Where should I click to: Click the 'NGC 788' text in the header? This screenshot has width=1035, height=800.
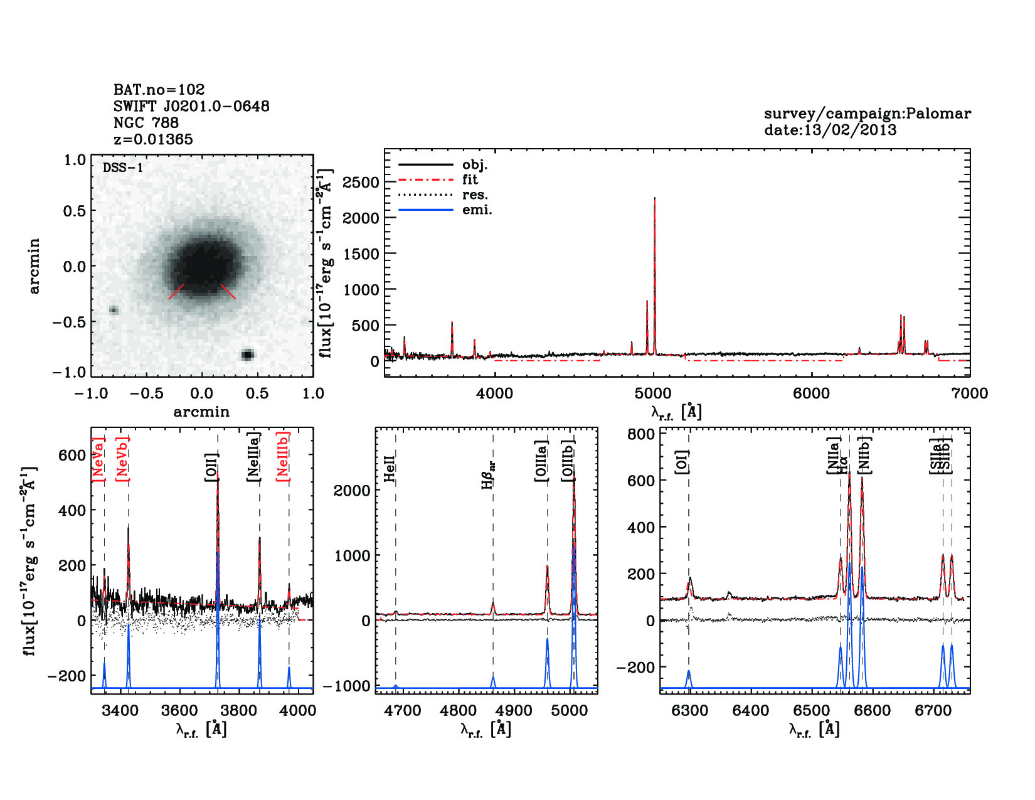coord(146,123)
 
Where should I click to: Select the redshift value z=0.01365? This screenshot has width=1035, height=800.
coord(153,139)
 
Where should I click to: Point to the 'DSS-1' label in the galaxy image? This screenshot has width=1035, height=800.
coord(123,168)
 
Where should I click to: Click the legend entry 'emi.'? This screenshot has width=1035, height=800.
coord(477,210)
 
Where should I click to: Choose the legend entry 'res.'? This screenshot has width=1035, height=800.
coord(475,195)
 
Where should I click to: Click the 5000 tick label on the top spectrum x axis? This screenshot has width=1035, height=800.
coord(653,393)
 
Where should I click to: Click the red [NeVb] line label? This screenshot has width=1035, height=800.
coord(122,459)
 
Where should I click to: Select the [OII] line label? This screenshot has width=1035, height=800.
coord(211,467)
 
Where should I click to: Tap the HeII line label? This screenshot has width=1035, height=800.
coord(390,469)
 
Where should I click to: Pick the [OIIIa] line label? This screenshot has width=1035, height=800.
coord(541,461)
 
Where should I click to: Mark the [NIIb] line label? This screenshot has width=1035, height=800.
coord(865,454)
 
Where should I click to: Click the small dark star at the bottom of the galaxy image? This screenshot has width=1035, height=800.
coord(247,355)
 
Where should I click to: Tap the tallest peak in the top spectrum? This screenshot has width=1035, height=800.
coord(654,200)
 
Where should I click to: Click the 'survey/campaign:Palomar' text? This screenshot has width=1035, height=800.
coord(867,114)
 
